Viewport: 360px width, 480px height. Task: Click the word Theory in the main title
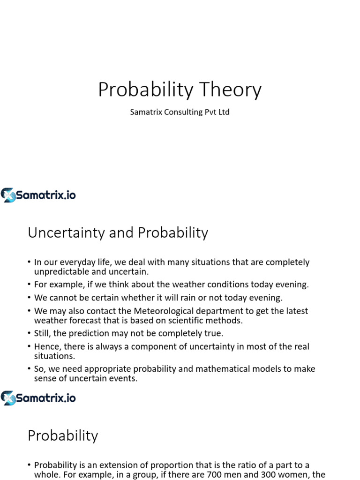(229, 90)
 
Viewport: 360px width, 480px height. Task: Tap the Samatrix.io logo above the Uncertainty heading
(38, 195)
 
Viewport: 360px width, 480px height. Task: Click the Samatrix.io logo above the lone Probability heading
(38, 398)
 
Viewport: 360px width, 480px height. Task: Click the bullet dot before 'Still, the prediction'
(29, 334)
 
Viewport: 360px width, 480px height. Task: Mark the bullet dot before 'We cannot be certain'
(29, 298)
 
